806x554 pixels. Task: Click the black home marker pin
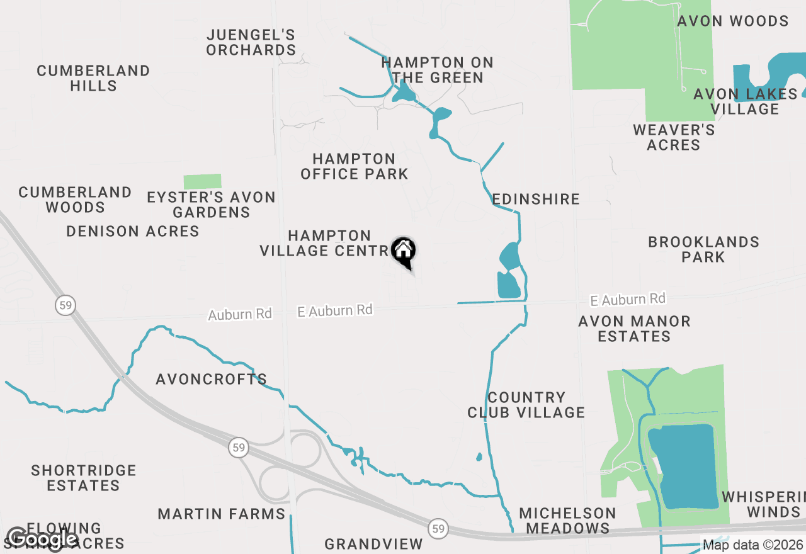click(x=404, y=251)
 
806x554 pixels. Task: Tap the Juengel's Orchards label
click(x=251, y=42)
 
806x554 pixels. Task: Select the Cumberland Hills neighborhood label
click(x=93, y=78)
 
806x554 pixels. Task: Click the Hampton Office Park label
click(x=354, y=166)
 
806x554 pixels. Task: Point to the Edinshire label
click(x=536, y=199)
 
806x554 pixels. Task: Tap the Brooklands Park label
click(x=703, y=249)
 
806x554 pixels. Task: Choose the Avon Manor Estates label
click(x=634, y=329)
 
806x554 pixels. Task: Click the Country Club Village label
click(x=526, y=405)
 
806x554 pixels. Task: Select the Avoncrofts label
click(x=212, y=379)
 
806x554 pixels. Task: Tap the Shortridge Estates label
click(x=84, y=478)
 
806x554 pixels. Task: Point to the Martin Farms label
click(x=222, y=514)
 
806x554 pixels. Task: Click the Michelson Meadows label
click(x=568, y=521)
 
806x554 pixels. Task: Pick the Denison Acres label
click(x=133, y=231)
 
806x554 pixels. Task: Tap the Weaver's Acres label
click(x=674, y=137)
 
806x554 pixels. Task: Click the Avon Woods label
click(x=733, y=21)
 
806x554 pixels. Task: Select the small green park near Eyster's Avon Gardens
click(x=202, y=181)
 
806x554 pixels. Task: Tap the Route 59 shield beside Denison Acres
click(x=65, y=306)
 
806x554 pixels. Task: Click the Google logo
click(x=42, y=539)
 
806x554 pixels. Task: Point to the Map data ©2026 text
click(x=752, y=545)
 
